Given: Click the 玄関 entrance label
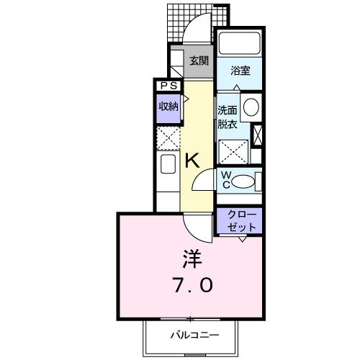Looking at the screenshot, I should [199, 61].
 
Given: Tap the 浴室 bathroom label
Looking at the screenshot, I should [240, 72].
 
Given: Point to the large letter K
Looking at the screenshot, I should [192, 161].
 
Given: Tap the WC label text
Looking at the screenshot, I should [225, 180].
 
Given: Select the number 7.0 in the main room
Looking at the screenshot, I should [191, 286].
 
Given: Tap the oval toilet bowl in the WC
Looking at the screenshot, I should [246, 181].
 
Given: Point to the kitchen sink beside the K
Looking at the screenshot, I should [167, 166].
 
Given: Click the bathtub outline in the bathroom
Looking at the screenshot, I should [241, 42].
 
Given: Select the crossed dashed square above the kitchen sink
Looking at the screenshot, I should [168, 137].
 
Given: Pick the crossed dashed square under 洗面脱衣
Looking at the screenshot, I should [233, 150].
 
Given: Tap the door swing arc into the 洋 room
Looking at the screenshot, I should [194, 225].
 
